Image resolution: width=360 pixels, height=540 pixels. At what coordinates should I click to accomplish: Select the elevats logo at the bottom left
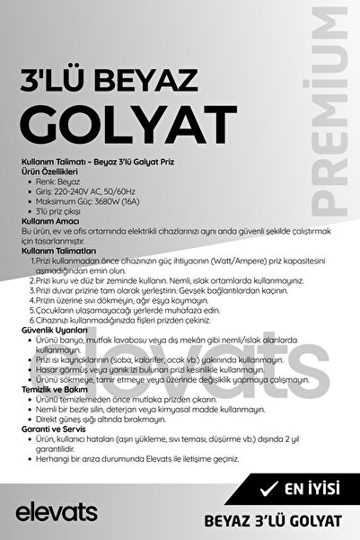(x=56, y=511)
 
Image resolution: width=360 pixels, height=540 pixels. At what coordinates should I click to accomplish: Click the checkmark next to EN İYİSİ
(x=266, y=489)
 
